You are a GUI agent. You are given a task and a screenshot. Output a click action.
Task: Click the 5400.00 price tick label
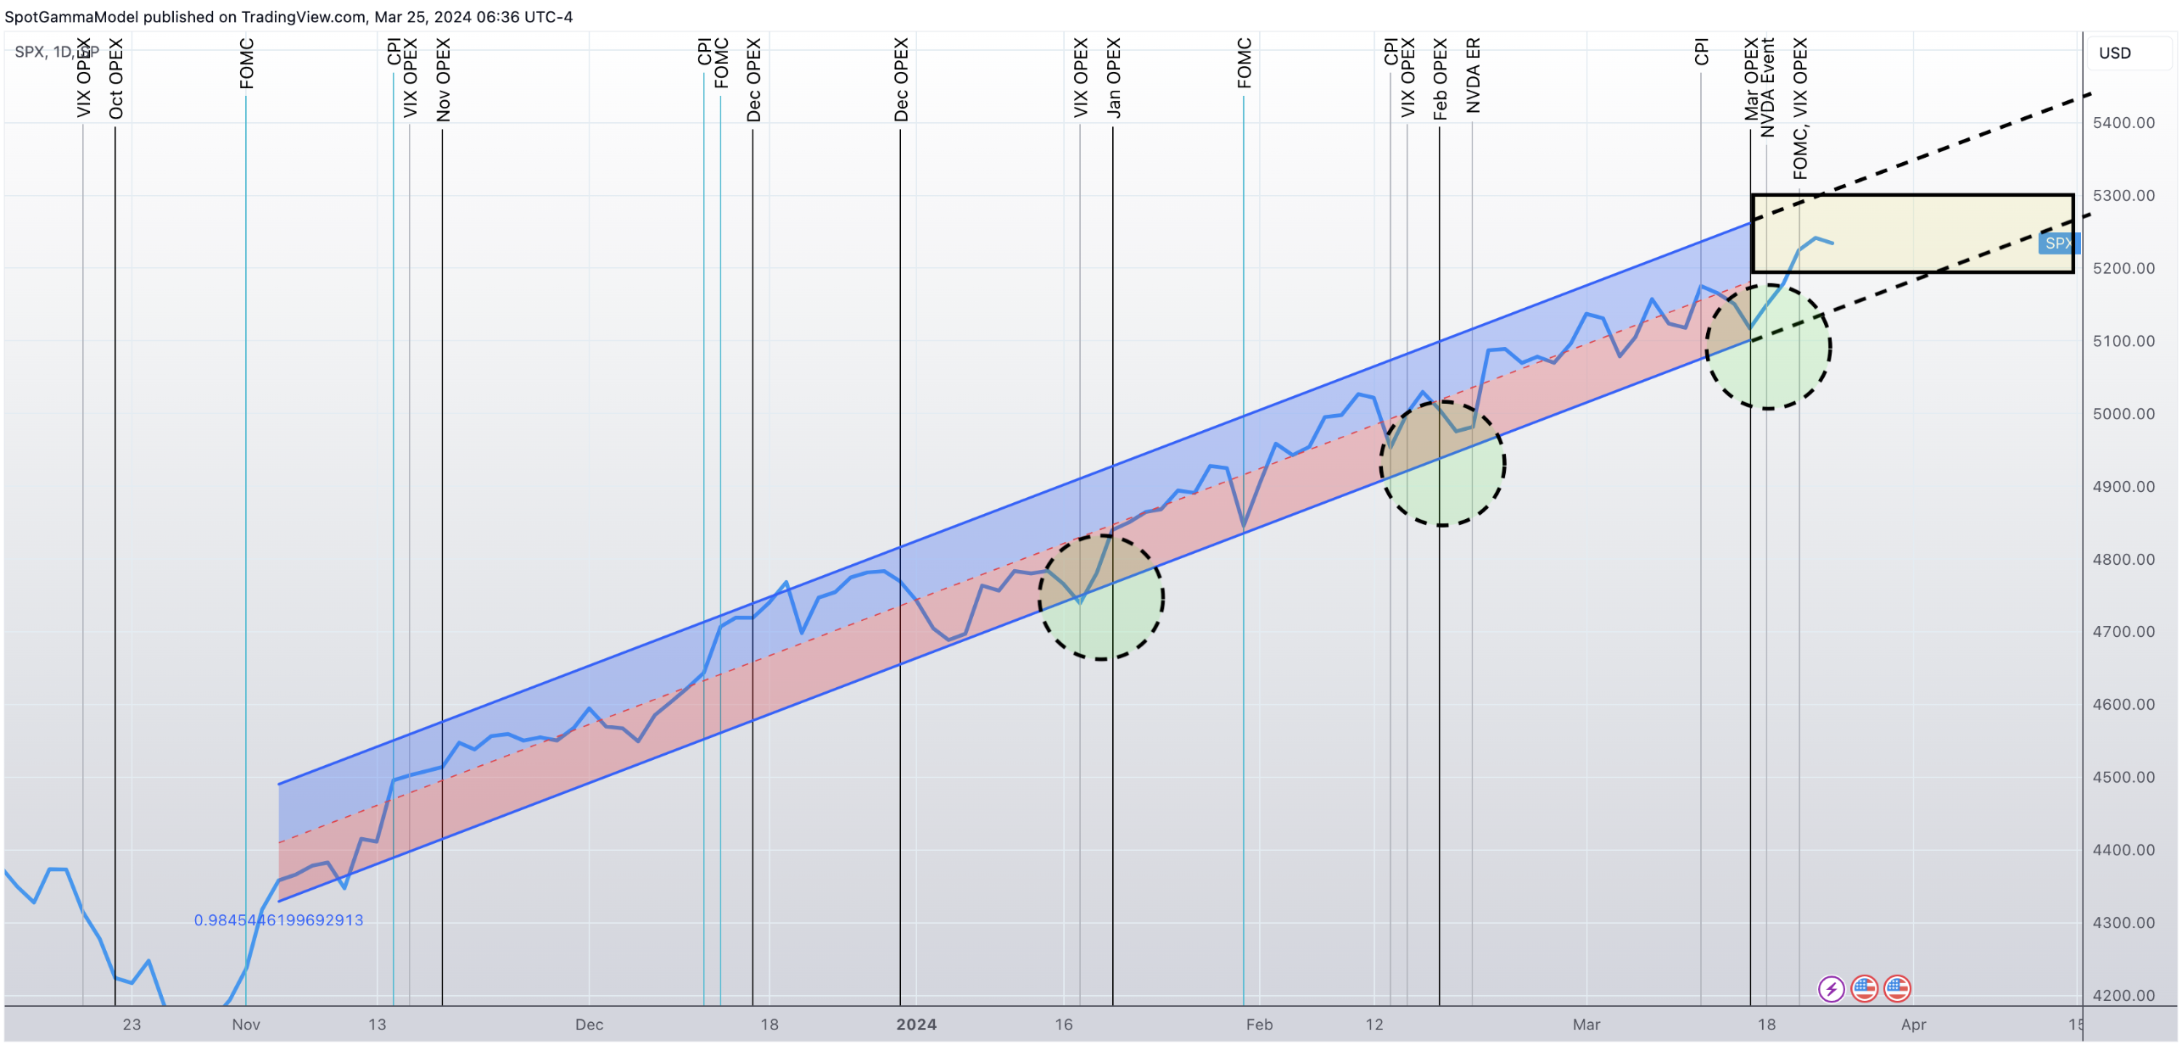(x=2123, y=123)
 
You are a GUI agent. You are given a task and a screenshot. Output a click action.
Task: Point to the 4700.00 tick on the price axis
(x=2123, y=632)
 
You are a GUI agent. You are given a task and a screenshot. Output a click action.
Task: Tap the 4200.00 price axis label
(x=2123, y=996)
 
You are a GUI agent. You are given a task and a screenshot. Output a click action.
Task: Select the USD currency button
(x=2114, y=53)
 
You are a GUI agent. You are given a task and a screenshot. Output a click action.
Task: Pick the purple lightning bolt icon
(x=1831, y=989)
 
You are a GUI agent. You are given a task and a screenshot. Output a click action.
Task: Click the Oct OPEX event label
(x=116, y=79)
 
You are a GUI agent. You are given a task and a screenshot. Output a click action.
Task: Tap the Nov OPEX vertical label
(x=443, y=80)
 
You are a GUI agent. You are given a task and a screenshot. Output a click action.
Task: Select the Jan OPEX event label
(x=1113, y=77)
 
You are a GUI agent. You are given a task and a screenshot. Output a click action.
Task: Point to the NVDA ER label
(x=1473, y=75)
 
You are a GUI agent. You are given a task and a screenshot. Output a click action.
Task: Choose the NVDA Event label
(x=1767, y=87)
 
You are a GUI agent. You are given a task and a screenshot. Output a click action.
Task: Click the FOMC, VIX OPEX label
(x=1799, y=109)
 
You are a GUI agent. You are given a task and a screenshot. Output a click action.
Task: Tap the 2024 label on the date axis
(x=916, y=1025)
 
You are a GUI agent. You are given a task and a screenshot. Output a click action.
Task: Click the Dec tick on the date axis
(x=589, y=1025)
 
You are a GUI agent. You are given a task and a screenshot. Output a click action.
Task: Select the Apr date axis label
(x=1913, y=1025)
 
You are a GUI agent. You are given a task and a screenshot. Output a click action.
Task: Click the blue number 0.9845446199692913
(x=278, y=920)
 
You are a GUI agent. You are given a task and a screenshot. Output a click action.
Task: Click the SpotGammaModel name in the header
(x=71, y=17)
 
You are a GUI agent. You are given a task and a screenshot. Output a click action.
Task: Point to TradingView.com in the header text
(x=303, y=17)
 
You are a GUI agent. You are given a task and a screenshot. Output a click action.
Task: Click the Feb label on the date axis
(x=1259, y=1025)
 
